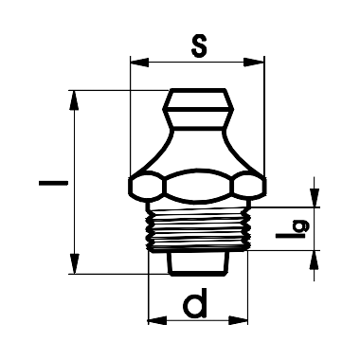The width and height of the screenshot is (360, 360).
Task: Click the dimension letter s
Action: click(x=199, y=45)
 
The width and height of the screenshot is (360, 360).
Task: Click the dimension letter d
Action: click(x=195, y=303)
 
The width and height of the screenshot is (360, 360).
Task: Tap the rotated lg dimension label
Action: click(x=293, y=230)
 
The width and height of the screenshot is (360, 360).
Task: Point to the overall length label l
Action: click(x=53, y=183)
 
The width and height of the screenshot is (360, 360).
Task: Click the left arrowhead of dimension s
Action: click(x=139, y=62)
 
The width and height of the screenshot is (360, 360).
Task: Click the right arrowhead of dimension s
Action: click(x=254, y=62)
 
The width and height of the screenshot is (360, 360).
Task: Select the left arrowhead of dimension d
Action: click(x=157, y=320)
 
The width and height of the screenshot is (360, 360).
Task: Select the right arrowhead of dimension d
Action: click(x=238, y=320)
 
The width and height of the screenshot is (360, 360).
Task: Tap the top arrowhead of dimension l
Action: click(x=74, y=100)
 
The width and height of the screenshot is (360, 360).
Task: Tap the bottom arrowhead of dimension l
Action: click(x=74, y=263)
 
